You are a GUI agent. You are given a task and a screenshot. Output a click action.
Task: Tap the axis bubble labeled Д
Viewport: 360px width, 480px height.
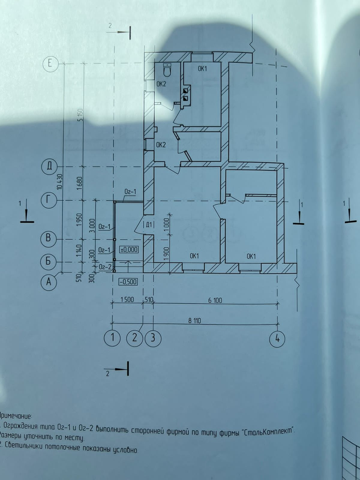[x=49, y=167]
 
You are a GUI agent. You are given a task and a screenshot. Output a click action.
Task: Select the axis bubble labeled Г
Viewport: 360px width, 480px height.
[x=49, y=200]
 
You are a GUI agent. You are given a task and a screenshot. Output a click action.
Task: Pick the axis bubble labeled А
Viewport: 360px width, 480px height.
[x=49, y=282]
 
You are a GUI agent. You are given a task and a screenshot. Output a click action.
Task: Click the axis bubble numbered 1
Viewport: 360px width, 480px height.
[x=112, y=338]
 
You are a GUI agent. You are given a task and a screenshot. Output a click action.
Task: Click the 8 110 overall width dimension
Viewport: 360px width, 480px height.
[x=195, y=320]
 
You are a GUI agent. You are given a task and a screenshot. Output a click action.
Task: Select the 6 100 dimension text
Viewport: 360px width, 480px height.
[x=215, y=300]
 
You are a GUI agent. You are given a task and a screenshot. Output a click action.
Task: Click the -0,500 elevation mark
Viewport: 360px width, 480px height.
[x=128, y=282]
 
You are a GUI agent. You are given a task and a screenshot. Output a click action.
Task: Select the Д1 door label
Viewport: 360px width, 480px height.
[x=148, y=224]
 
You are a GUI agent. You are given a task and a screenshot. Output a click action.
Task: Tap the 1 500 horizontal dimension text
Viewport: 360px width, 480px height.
[x=127, y=300]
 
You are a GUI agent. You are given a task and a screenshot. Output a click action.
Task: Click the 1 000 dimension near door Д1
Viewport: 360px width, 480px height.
[x=167, y=223]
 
